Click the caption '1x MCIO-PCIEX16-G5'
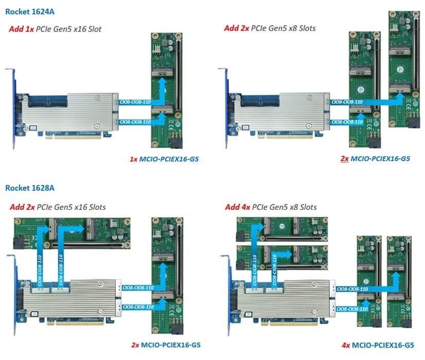[164, 159]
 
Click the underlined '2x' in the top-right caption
[345, 159]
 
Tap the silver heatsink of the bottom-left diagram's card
[72, 298]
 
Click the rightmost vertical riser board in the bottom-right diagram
[397, 278]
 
